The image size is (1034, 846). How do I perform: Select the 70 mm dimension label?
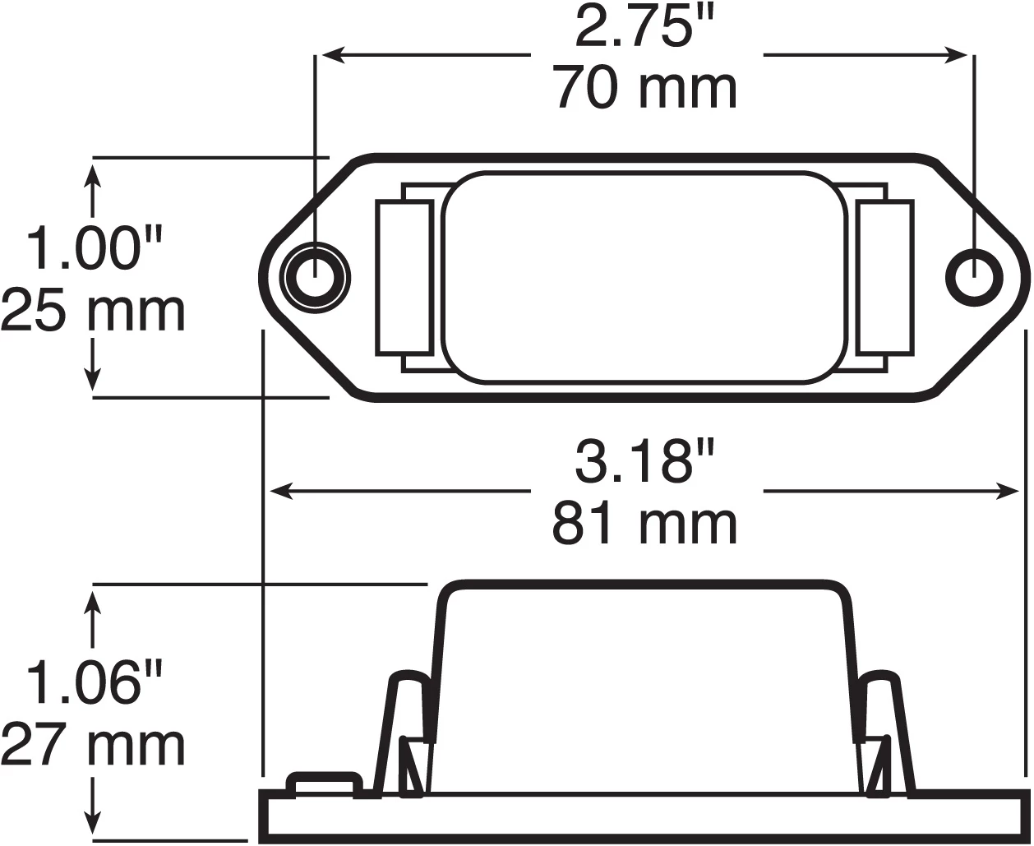coord(646,89)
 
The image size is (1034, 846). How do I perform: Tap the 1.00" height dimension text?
coord(95,249)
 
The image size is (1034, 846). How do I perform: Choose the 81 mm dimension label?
coord(646,524)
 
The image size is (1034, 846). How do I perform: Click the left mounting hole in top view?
coord(314,278)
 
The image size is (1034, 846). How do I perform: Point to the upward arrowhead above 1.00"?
coord(93,174)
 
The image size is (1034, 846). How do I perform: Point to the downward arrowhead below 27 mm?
coord(93,822)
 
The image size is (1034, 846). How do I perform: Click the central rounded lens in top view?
coord(644,278)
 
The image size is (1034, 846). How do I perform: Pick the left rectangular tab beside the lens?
coord(404,278)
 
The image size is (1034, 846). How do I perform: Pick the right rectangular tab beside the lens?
coord(884,278)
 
